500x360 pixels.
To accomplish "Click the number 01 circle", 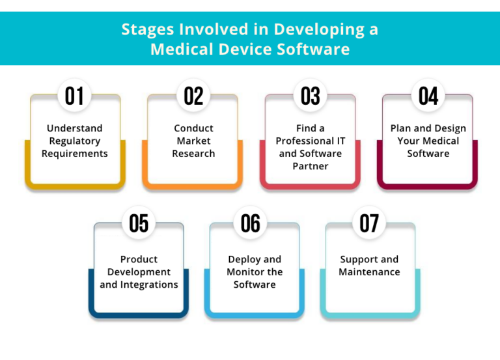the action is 74,96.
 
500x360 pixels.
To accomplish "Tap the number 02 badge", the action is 193,96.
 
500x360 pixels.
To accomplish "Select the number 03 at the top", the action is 311,96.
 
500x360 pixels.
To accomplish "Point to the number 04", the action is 428,96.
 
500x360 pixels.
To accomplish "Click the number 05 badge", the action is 139,223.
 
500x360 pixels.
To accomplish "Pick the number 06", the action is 250,223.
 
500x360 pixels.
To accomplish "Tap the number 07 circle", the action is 369,223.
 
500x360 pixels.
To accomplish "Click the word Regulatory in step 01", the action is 75,141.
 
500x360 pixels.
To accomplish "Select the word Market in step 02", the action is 193,141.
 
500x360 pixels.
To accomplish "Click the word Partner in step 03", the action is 311,166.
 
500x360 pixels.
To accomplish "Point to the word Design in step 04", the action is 450,128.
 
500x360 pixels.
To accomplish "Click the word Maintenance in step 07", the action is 369,271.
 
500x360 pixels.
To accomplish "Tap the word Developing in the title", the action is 319,30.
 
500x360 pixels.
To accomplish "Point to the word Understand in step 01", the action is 75,128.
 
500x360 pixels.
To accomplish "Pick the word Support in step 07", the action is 355,260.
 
